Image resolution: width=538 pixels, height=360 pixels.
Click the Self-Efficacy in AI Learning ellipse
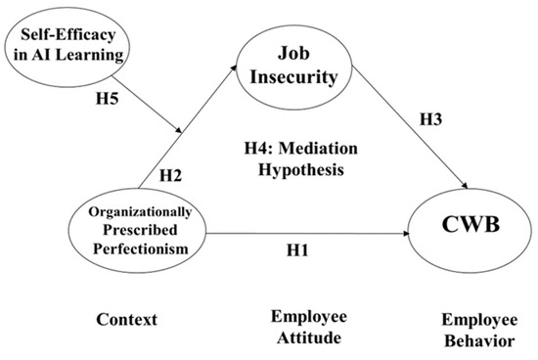pos(67,44)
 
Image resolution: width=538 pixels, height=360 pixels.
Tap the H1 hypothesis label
pos(298,248)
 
